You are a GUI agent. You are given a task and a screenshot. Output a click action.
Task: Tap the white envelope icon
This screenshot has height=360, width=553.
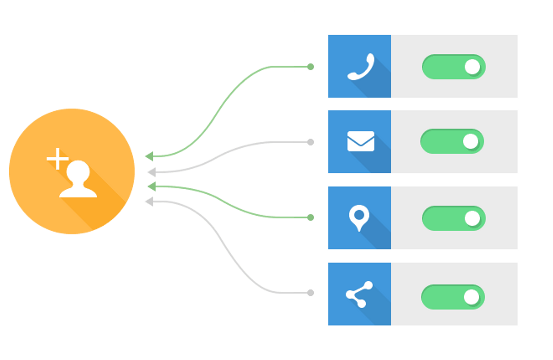coord(361,141)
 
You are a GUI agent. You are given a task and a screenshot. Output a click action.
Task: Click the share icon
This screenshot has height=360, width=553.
coord(359,294)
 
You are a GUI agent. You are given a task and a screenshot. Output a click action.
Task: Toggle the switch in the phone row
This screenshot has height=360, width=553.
coord(454,67)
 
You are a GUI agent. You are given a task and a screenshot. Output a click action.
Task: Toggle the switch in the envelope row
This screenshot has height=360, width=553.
coord(452,141)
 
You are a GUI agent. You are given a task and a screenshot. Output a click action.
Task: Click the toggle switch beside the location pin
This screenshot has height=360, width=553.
coord(454,218)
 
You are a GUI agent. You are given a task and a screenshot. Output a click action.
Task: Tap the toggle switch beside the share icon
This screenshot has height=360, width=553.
coord(453,297)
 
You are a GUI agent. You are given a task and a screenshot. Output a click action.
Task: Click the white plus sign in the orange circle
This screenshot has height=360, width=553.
coord(57,159)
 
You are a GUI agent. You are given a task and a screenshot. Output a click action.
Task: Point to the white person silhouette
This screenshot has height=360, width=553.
coord(78,180)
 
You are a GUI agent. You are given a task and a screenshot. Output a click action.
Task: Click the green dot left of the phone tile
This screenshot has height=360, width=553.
coord(311,67)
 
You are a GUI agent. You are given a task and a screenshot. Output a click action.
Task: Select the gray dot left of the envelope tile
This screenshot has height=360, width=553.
coord(311,142)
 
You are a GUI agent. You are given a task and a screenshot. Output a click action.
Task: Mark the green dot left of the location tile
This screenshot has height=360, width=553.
coord(311,218)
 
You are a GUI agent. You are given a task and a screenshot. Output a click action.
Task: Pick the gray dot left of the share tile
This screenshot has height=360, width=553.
coord(311,293)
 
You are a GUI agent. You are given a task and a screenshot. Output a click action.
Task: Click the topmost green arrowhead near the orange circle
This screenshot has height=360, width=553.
coord(149,156)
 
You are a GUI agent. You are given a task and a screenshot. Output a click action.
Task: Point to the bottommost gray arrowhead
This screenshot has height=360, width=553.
coord(149,201)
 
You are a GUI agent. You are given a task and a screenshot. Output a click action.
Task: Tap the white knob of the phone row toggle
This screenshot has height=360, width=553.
coord(472,67)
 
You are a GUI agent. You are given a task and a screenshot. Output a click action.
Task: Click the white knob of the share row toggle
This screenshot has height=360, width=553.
coord(471,297)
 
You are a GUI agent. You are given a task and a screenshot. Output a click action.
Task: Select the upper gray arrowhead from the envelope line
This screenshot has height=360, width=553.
coord(151,172)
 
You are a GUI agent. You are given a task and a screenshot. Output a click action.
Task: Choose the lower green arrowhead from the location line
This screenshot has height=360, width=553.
coord(151,187)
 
